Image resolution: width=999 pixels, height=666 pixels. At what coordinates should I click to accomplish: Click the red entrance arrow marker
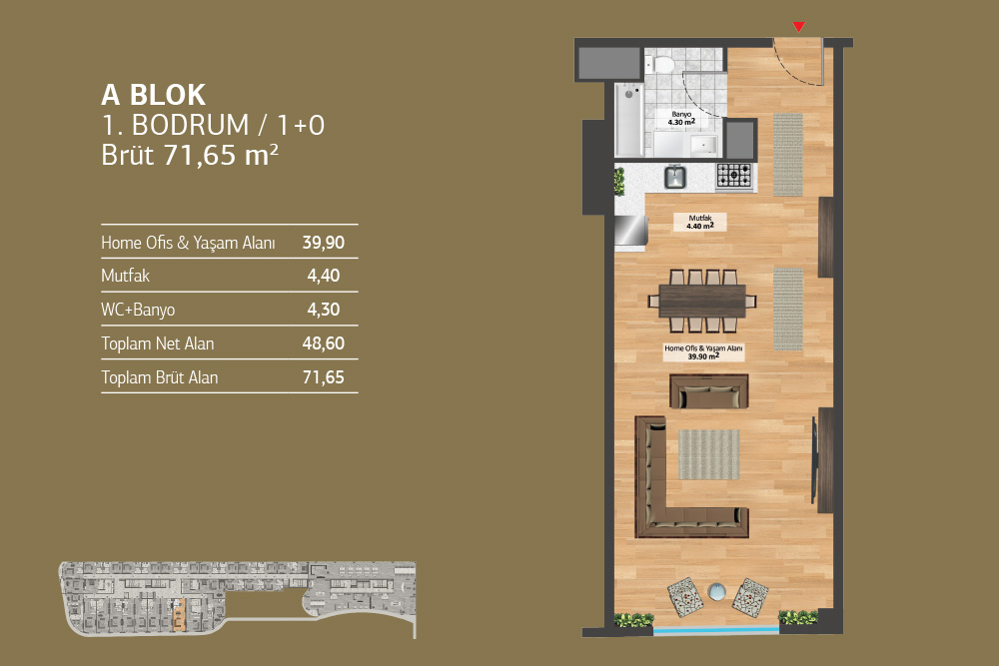click(x=798, y=27)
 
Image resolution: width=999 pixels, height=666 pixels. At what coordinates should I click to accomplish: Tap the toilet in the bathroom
click(x=661, y=64)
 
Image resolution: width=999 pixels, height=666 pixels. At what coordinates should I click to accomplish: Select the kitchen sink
click(x=675, y=177)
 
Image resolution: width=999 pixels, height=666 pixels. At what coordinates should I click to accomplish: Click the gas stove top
click(x=734, y=175)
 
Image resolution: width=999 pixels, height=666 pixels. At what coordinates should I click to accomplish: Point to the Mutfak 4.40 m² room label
click(x=699, y=223)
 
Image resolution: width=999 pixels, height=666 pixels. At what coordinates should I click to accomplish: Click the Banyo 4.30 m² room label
click(x=681, y=119)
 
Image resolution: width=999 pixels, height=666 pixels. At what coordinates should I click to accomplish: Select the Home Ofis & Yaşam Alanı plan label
click(x=703, y=352)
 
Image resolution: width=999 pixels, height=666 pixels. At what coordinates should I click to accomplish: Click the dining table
click(x=702, y=301)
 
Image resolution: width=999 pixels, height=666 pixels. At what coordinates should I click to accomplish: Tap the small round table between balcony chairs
click(x=716, y=591)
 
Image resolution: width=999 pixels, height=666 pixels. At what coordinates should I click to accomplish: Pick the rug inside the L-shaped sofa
click(x=708, y=454)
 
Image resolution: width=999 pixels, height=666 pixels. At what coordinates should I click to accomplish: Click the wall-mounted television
click(x=813, y=459)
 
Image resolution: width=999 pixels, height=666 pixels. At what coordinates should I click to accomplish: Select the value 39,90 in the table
click(x=324, y=243)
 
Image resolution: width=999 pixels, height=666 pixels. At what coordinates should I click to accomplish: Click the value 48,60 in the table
click(x=324, y=343)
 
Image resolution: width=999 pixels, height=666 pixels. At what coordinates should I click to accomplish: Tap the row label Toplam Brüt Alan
click(x=159, y=377)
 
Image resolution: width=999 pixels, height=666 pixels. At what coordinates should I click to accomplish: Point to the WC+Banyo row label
click(x=138, y=311)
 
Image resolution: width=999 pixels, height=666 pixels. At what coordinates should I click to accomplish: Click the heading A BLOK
click(x=154, y=96)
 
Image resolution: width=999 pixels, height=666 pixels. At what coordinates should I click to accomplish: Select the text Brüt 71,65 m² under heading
click(x=190, y=156)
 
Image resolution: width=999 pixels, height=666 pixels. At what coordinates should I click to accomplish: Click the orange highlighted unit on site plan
click(x=179, y=615)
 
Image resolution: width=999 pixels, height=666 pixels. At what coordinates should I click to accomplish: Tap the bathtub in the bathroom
click(x=628, y=119)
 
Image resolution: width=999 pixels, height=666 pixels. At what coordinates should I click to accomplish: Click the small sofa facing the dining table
click(x=709, y=391)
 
